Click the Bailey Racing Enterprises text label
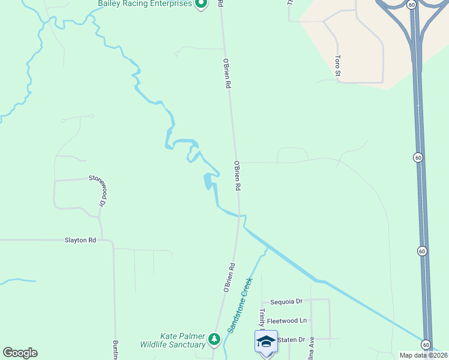pyautogui.click(x=145, y=4)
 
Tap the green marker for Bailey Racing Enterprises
pyautogui.click(x=201, y=4)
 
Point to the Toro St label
pyautogui.click(x=338, y=66)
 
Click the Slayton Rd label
pyautogui.click(x=80, y=241)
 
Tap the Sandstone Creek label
pyautogui.click(x=240, y=305)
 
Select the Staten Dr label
pyautogui.click(x=288, y=340)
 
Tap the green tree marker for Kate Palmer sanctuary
pyautogui.click(x=214, y=340)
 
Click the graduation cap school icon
pyautogui.click(x=266, y=341)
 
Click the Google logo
pyautogui.click(x=20, y=353)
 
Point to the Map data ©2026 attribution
pyautogui.click(x=423, y=355)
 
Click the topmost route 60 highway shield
pyautogui.click(x=411, y=5)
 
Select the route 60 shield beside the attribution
pyautogui.click(x=426, y=344)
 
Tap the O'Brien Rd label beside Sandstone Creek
pyautogui.click(x=229, y=278)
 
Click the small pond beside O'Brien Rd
pyautogui.click(x=209, y=181)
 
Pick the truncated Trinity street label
pyautogui.click(x=262, y=318)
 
